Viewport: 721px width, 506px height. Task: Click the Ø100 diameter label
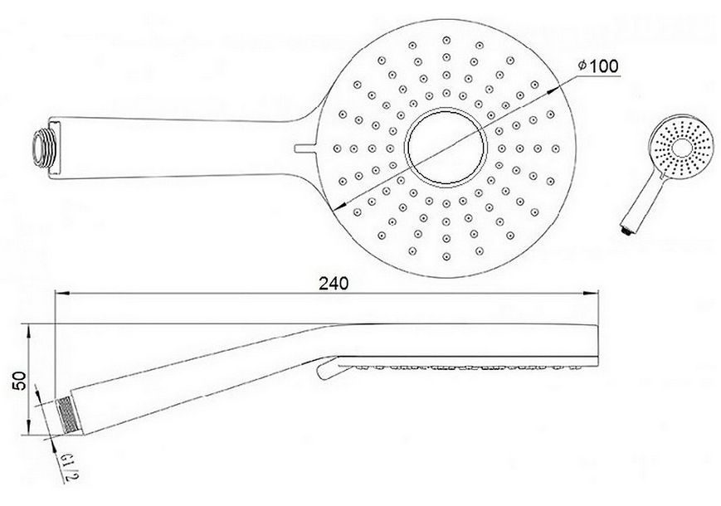598,66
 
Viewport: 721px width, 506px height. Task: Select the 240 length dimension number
334,284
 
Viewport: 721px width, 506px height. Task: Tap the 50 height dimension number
20,381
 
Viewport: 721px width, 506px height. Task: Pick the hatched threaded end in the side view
67,415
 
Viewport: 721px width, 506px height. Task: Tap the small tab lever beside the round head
304,148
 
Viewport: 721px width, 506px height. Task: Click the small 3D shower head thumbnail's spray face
682,148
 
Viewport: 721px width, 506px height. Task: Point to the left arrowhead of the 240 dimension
61,293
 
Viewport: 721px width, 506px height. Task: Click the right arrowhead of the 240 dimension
591,293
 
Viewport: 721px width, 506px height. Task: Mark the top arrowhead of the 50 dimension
29,330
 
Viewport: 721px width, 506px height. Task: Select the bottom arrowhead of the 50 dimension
29,427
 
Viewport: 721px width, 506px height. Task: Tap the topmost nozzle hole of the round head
446,41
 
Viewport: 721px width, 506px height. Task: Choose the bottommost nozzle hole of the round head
446,256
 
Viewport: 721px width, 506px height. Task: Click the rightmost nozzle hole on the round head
556,148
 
